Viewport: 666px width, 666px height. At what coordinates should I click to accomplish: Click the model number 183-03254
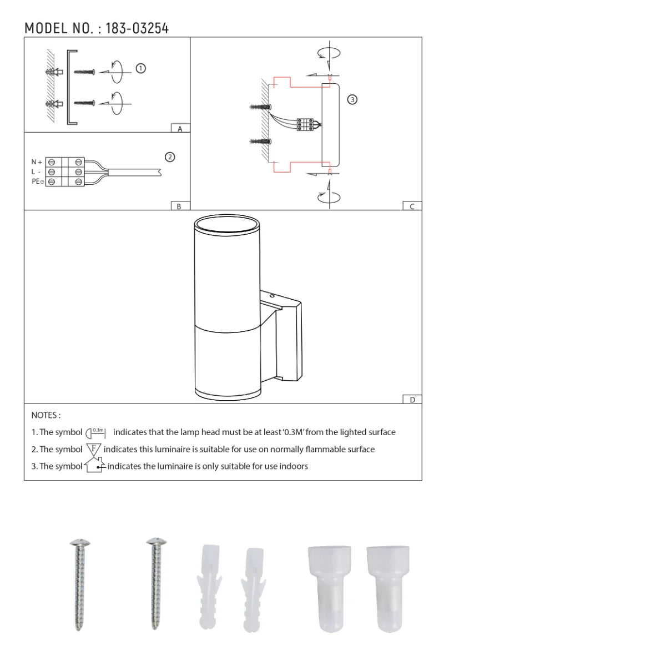137,28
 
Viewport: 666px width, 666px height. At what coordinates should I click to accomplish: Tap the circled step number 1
141,68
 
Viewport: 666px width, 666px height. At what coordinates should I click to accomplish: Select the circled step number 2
170,157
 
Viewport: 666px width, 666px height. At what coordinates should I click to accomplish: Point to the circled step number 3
352,99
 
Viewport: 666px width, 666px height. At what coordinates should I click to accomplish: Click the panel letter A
180,129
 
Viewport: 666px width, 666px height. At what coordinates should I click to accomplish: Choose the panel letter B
179,206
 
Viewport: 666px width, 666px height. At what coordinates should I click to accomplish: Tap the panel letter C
412,206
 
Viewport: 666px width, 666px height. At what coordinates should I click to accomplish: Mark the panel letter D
412,400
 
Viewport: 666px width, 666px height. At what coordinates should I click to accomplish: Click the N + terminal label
37,162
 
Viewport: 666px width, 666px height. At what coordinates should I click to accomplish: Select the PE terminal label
37,181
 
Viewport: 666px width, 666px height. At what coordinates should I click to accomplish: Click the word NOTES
46,415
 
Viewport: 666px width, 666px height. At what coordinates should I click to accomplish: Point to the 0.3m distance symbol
95,432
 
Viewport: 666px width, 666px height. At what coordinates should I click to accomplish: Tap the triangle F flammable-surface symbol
93,449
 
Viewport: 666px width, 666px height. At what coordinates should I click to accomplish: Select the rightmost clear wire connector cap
388,588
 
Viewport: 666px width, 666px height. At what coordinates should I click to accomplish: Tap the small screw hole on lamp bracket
272,296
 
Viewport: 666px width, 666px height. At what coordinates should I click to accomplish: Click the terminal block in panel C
305,124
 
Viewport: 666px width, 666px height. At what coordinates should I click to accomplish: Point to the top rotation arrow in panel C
329,54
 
